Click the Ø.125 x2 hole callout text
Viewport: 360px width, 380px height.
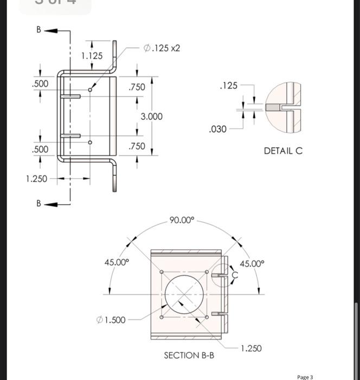point(162,48)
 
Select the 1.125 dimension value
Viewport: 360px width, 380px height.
point(92,56)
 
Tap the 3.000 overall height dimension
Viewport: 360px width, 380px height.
point(151,117)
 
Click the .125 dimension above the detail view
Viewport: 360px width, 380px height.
point(228,85)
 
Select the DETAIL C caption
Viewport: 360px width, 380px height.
point(283,150)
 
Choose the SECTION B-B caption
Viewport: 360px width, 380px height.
point(189,355)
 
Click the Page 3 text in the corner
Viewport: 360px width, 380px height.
point(305,376)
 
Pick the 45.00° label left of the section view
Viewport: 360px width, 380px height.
point(117,263)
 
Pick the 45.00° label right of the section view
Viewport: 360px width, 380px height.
point(252,264)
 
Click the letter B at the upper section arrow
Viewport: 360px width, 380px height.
point(38,30)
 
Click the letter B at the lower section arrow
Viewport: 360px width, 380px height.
point(38,204)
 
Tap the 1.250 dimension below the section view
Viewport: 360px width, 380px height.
point(251,348)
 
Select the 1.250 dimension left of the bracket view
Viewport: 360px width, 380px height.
point(36,179)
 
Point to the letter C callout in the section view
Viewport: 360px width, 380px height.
point(235,275)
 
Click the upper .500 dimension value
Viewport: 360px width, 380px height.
point(40,84)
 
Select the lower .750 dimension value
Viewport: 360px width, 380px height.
point(137,146)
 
